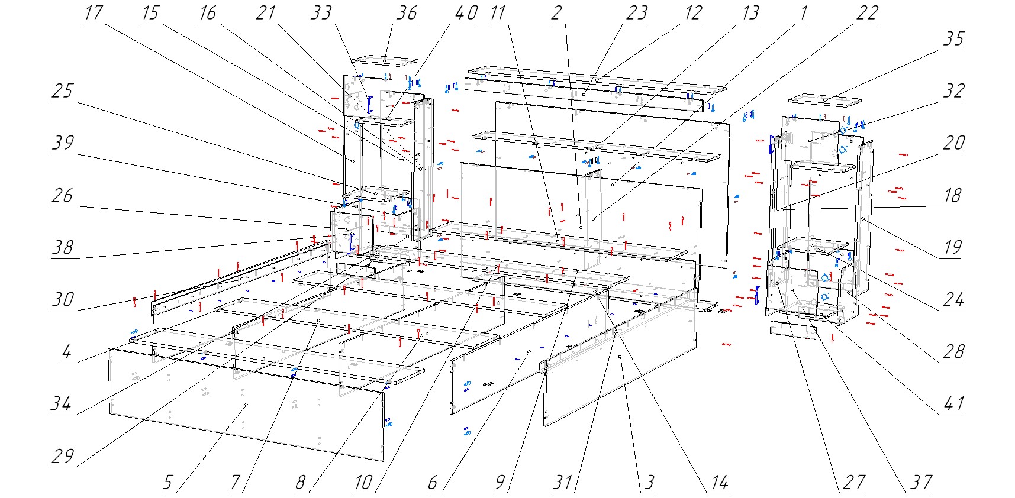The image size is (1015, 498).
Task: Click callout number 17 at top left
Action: (94, 13)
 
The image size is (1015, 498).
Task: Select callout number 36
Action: (406, 13)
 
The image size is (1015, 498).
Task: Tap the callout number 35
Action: (953, 39)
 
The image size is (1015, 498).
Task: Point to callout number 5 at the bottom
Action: (168, 483)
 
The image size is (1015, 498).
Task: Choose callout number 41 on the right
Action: (953, 404)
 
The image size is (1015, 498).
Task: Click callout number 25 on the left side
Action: (63, 91)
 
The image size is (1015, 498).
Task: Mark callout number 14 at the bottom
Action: (719, 483)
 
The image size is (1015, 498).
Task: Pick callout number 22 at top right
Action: (867, 13)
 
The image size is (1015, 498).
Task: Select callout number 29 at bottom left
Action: (63, 456)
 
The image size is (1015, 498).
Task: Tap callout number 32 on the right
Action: (953, 91)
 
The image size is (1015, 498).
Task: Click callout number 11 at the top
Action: (498, 13)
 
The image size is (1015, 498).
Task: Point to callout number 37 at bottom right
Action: (921, 483)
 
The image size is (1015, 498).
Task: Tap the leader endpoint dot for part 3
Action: (620, 357)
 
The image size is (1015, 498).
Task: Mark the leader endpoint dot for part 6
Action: (527, 353)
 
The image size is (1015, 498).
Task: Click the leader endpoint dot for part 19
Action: (863, 219)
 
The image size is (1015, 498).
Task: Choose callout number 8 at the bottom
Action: (301, 483)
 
